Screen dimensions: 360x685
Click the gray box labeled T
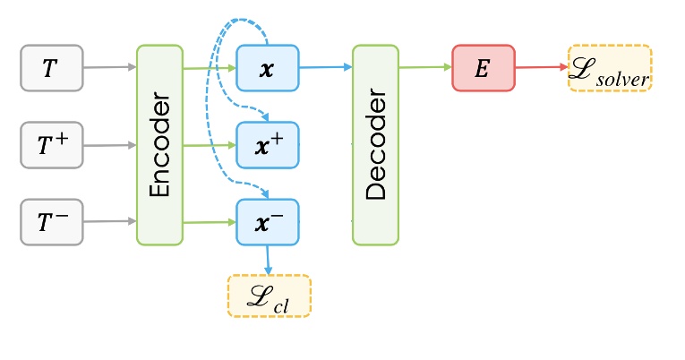tap(52, 67)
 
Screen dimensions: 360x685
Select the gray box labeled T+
tap(52, 144)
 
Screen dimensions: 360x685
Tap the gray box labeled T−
tap(52, 222)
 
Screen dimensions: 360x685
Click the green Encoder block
tap(159, 144)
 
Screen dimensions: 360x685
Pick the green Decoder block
tap(375, 144)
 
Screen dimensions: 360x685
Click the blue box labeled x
tap(267, 67)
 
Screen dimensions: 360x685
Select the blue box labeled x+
tap(267, 144)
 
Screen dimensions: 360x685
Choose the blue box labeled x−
tap(267, 222)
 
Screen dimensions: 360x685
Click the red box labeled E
tap(482, 67)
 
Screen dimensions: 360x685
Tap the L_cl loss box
tap(269, 296)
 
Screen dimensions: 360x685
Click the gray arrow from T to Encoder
tap(109, 67)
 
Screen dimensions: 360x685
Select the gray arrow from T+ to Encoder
tap(109, 144)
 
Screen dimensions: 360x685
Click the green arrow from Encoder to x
tap(209, 67)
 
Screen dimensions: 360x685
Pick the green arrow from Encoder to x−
tap(209, 222)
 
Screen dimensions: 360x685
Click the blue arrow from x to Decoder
tap(324, 67)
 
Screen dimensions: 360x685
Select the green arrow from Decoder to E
tap(424, 67)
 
